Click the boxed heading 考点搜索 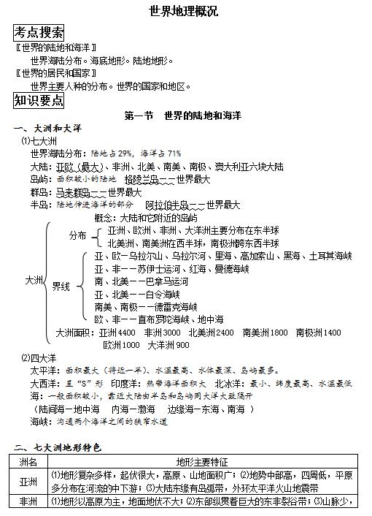39,32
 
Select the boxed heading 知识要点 39,100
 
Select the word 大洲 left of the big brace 34,280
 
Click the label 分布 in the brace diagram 78,237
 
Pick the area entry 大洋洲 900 168,345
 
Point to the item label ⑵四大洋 38,358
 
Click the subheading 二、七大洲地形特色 58,447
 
